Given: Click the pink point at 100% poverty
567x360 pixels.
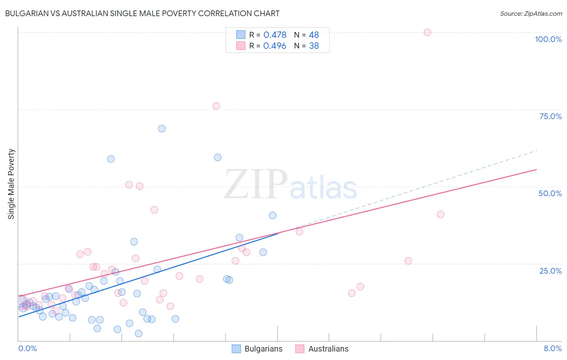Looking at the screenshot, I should click(x=427, y=32).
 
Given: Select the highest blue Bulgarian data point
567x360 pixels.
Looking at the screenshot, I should click(x=162, y=129).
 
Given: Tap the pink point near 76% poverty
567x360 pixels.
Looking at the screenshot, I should click(x=216, y=106).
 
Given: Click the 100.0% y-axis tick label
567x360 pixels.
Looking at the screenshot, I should click(x=548, y=39).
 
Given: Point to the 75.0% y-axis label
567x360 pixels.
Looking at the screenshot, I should click(x=550, y=116).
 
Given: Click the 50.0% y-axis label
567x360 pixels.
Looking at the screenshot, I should click(x=550, y=193).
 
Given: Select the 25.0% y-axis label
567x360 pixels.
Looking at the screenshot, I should click(x=550, y=270).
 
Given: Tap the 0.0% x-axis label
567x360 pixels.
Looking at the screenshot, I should click(x=27, y=348).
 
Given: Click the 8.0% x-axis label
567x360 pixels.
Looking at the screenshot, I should click(x=552, y=348).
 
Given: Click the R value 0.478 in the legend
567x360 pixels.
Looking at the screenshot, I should click(x=275, y=35).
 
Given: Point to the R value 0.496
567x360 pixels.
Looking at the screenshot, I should click(x=275, y=46).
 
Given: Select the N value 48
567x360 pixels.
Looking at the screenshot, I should click(x=314, y=35).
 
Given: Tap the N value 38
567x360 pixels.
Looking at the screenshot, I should click(x=314, y=46).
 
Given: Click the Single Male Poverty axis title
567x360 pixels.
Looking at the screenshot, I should click(x=11, y=184).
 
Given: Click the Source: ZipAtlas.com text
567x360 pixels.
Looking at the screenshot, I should click(x=531, y=14).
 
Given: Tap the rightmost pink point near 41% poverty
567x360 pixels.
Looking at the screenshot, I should click(x=440, y=214).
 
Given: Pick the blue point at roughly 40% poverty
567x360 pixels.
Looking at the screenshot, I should click(x=273, y=216).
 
